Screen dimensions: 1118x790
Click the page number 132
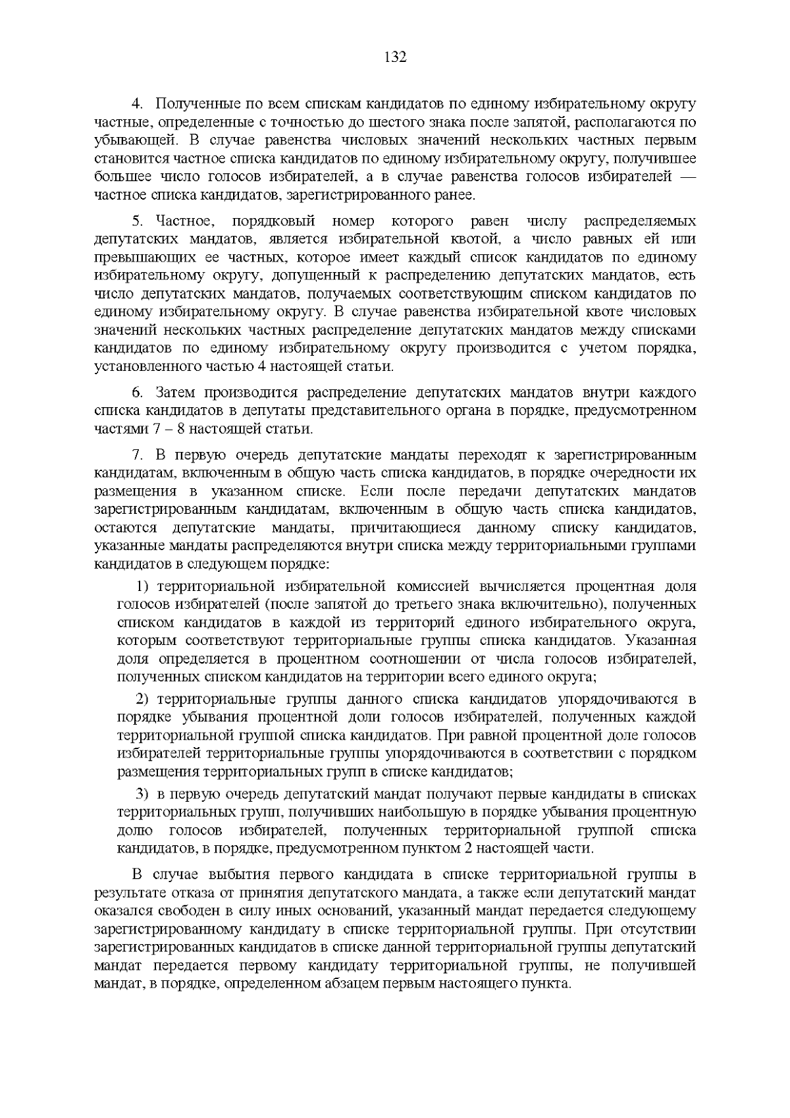395,57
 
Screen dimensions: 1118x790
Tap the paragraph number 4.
138,104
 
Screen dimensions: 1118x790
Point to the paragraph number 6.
138,393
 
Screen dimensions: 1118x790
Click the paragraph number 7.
138,455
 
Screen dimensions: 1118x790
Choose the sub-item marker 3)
144,795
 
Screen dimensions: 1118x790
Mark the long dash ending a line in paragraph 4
685,177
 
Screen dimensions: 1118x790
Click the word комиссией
429,586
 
